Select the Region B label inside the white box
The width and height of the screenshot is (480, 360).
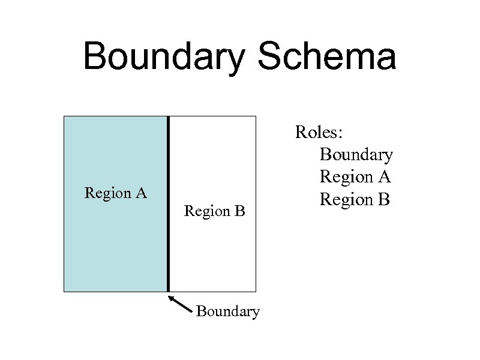coord(215,211)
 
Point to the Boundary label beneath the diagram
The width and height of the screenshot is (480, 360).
coord(227,311)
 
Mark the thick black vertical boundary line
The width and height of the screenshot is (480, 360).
coord(169,204)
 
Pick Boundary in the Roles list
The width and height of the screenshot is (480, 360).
coord(356,154)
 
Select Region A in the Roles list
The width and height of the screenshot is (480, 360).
coord(355,176)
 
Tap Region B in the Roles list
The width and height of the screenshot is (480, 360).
coord(355,199)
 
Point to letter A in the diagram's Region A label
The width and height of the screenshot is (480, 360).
coord(142,193)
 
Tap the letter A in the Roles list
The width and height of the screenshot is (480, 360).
coord(385,176)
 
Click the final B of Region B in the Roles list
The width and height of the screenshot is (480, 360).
coord(385,199)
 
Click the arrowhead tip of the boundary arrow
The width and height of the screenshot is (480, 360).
coord(169,296)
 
